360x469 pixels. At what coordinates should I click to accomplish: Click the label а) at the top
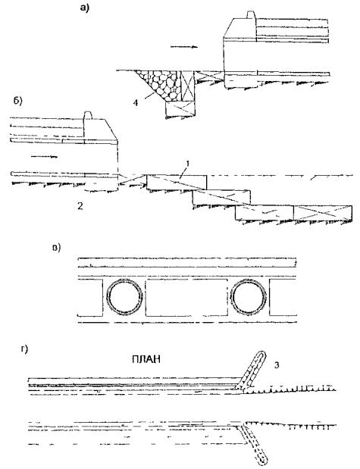[x=84, y=8]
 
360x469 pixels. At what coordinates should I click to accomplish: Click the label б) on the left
[x=18, y=101]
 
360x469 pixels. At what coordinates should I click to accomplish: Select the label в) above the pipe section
[x=56, y=248]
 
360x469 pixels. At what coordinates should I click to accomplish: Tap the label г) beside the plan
[x=24, y=349]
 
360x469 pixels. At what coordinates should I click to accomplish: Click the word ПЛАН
[x=146, y=359]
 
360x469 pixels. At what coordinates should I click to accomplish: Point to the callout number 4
[x=136, y=103]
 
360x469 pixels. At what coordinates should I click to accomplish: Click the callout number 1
[x=188, y=164]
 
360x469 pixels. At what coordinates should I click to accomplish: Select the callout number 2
[x=80, y=206]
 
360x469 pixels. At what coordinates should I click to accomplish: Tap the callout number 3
[x=277, y=365]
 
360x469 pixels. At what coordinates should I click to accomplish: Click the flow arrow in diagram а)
[x=183, y=47]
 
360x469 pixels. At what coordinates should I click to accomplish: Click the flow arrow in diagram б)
[x=44, y=156]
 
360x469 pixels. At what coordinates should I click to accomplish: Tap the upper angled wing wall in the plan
[x=252, y=371]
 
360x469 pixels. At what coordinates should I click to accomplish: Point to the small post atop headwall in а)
[x=250, y=15]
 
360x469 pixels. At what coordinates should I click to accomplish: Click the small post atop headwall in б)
[x=87, y=116]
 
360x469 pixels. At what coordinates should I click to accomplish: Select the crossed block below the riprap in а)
[x=180, y=109]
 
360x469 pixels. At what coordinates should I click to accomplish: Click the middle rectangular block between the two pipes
[x=186, y=297]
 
